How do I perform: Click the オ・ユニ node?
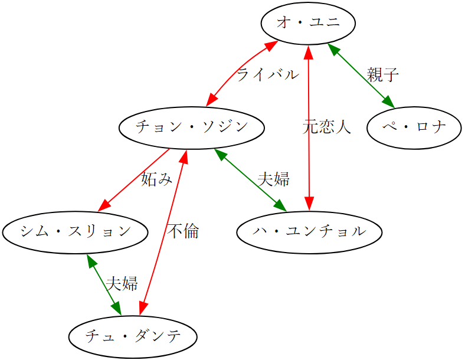coord(308,23)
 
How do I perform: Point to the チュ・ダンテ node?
coord(132,337)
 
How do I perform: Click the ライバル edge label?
coord(267,75)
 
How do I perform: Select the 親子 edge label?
coord(383,75)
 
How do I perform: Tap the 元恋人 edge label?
coord(327,127)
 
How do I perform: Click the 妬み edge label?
coord(156,179)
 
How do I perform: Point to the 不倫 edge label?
coord(183,231)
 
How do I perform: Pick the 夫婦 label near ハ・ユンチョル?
coord(274,179)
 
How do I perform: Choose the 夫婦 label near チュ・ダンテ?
coord(122,284)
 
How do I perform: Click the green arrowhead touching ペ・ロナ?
coord(388,103)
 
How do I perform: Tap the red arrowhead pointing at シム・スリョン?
coord(104,205)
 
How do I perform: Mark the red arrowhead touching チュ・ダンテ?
coord(142,309)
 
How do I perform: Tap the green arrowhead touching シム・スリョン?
coord(89,261)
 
